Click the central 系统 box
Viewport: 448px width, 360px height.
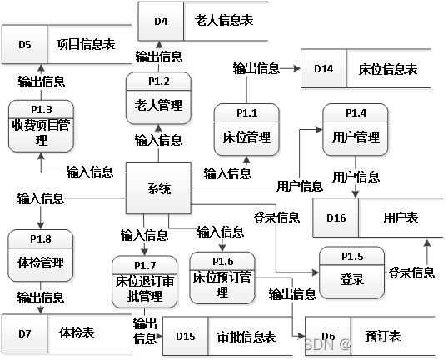[158, 189]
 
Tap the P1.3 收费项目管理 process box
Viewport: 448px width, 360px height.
[42, 126]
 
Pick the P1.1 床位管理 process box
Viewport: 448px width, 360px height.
[246, 129]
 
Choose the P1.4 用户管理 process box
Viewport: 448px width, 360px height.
[356, 129]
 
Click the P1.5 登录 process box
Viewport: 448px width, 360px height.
[352, 272]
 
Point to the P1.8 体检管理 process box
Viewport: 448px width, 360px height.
[41, 256]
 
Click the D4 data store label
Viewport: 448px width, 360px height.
[161, 22]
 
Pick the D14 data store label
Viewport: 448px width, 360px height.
[324, 68]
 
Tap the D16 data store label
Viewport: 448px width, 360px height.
[336, 217]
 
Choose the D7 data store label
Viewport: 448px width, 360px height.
[25, 334]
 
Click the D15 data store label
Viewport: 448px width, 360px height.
[186, 336]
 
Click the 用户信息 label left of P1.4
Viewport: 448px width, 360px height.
[300, 185]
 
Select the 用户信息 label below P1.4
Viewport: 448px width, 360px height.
[356, 177]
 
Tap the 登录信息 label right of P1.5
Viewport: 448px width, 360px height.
[411, 272]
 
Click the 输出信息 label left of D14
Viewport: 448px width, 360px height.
[256, 68]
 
